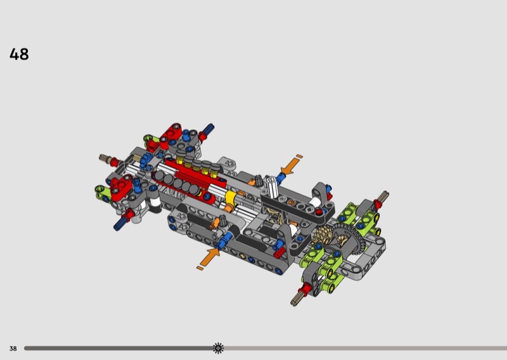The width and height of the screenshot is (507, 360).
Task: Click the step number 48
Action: coord(19,55)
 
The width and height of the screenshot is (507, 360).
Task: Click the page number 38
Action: coord(13,349)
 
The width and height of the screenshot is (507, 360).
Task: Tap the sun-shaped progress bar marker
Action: coord(218,348)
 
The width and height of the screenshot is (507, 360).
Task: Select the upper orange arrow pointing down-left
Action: coord(290,166)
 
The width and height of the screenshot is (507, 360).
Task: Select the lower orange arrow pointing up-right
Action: coord(210,257)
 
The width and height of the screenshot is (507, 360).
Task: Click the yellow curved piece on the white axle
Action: coord(230,198)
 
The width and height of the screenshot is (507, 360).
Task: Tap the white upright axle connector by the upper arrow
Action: coord(272,186)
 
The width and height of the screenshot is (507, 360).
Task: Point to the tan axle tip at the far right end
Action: coord(384,195)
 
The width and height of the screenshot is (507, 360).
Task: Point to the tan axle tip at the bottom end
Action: coord(295,299)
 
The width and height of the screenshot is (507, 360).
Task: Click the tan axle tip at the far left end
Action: coord(104,158)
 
